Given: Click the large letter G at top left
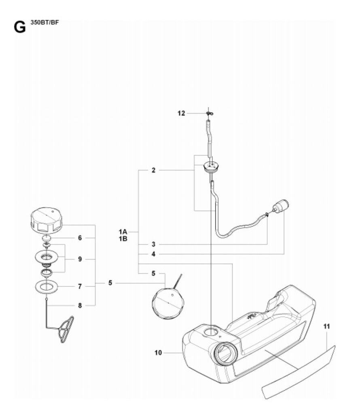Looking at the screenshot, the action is pyautogui.click(x=20, y=27).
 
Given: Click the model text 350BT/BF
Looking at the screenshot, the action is pyautogui.click(x=44, y=23).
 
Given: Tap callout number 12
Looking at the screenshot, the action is pyautogui.click(x=181, y=113).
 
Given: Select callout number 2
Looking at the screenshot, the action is pyautogui.click(x=153, y=170).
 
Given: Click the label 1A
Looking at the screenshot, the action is pyautogui.click(x=123, y=232).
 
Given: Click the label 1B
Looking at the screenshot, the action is pyautogui.click(x=123, y=239).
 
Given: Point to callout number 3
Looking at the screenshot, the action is pyautogui.click(x=153, y=244).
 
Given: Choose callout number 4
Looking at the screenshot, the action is pyautogui.click(x=153, y=254).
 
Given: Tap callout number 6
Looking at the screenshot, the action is pyautogui.click(x=80, y=238).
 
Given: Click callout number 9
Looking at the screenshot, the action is pyautogui.click(x=80, y=259).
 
